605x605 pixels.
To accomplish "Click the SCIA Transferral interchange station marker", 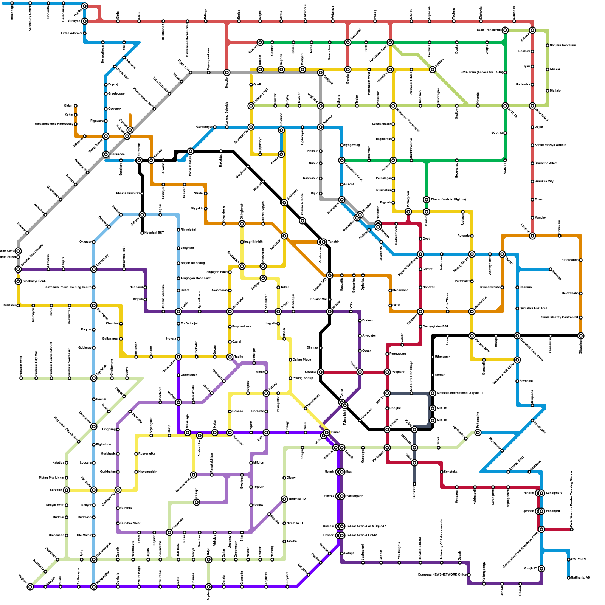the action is coord(505,30).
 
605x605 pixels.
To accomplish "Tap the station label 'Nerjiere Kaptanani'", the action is coord(563,45).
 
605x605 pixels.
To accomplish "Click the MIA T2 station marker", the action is coord(433,408).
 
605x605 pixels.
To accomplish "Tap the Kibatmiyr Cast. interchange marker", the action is coord(18,281).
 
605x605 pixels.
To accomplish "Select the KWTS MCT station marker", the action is coord(569,560).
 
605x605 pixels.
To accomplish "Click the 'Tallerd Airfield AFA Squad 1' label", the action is coord(366,526).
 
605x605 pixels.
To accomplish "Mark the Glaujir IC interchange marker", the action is coord(541,569).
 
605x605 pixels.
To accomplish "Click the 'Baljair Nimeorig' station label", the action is coord(193,263).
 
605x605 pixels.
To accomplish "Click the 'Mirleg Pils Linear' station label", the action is coord(51,478).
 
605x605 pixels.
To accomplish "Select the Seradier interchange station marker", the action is coord(67,490).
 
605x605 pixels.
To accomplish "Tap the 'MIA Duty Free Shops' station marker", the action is coord(411,393).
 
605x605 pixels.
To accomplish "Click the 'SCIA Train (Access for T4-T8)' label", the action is coord(481,72).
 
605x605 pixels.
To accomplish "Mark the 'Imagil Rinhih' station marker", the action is coord(242,242).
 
